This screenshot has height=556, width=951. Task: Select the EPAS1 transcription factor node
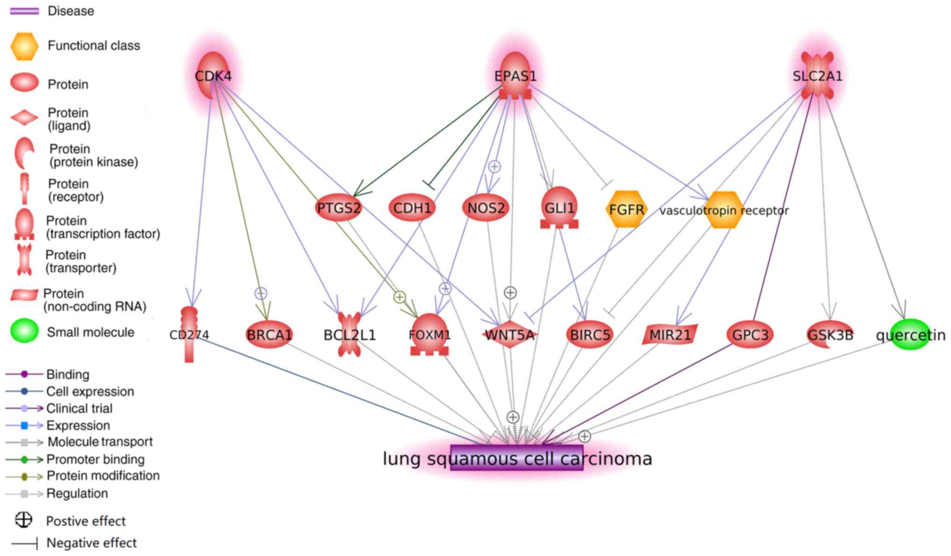point(515,75)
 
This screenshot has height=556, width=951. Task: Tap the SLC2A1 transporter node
point(817,75)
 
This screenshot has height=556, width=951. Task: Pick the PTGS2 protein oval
point(339,207)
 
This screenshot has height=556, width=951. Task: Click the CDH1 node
point(412,207)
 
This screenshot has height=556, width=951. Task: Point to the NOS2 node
point(486,207)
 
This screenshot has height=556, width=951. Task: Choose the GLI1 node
point(559,207)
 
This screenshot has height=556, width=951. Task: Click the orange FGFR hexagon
point(626,209)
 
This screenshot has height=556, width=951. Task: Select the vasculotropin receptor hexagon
point(724,210)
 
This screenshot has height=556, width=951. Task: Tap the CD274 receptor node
point(189,334)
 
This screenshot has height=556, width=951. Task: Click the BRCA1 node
point(269,334)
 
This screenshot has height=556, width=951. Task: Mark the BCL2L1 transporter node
point(349,334)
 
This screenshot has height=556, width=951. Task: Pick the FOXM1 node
point(429,334)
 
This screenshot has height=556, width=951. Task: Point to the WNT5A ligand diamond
point(509,334)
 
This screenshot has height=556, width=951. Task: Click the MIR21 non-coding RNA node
point(670,334)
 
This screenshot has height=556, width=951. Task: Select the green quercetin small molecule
point(910,334)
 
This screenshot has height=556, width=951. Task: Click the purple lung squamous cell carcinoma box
point(516,458)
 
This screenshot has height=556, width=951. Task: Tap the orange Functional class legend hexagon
point(24,46)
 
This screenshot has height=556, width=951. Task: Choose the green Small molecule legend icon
point(24,330)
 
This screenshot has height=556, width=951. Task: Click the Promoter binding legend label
point(96,459)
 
